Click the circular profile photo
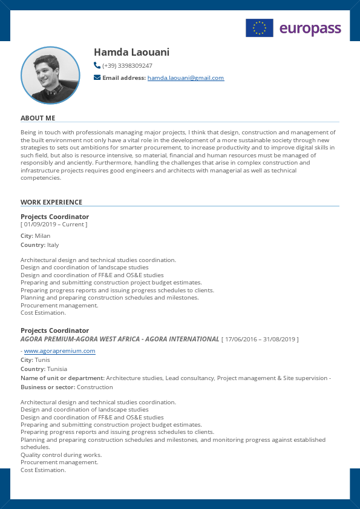50,76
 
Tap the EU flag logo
259,28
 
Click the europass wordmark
310,28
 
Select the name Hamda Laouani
131,52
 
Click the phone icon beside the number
97,65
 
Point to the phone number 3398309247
135,66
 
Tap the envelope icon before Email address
97,77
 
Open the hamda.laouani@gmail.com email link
186,78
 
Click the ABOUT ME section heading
38,118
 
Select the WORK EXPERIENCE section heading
51,202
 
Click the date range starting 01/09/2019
54,225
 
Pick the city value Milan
42,236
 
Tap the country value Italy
53,245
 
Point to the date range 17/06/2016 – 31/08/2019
260,340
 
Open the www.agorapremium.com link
59,351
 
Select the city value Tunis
42,360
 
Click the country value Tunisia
57,369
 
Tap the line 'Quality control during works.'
61,455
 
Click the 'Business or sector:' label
48,387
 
